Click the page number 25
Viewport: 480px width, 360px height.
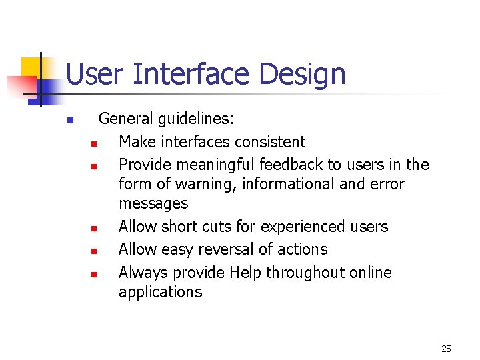446,348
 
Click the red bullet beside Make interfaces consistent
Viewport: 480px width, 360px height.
95,143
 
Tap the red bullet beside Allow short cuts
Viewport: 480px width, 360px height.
95,228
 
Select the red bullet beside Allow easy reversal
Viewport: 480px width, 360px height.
95,251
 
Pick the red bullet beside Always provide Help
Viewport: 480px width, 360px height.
95,274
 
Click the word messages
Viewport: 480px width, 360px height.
153,203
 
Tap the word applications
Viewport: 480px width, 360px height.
160,292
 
